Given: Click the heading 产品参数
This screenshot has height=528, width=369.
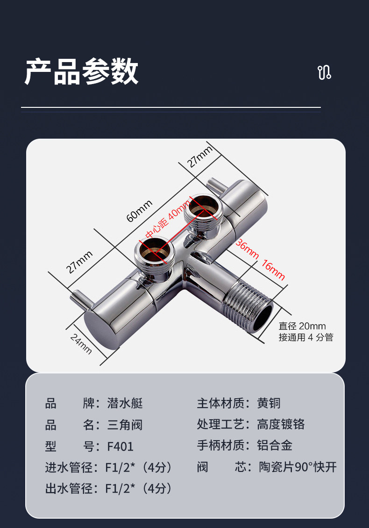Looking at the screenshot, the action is click(81, 72).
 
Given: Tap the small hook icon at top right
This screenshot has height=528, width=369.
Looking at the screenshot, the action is click(324, 72).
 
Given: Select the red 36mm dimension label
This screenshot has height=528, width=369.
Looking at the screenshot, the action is click(247, 250).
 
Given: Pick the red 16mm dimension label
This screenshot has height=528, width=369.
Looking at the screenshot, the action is click(273, 269).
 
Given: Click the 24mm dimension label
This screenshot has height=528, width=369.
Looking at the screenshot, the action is click(81, 344).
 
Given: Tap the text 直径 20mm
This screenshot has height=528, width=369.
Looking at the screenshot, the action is click(302, 326).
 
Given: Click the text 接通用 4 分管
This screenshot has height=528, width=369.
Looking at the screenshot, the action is click(306, 337).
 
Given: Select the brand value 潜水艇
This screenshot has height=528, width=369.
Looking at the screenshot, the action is click(125, 403).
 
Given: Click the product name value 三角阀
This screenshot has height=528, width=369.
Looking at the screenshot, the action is click(125, 424).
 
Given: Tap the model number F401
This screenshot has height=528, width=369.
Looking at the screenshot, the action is click(120, 446).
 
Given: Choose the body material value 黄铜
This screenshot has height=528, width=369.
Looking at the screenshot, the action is click(269, 403).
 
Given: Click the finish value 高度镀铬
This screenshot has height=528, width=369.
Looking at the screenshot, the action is click(281, 424).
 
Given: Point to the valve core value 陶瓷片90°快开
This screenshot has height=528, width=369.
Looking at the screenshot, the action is click(298, 467).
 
